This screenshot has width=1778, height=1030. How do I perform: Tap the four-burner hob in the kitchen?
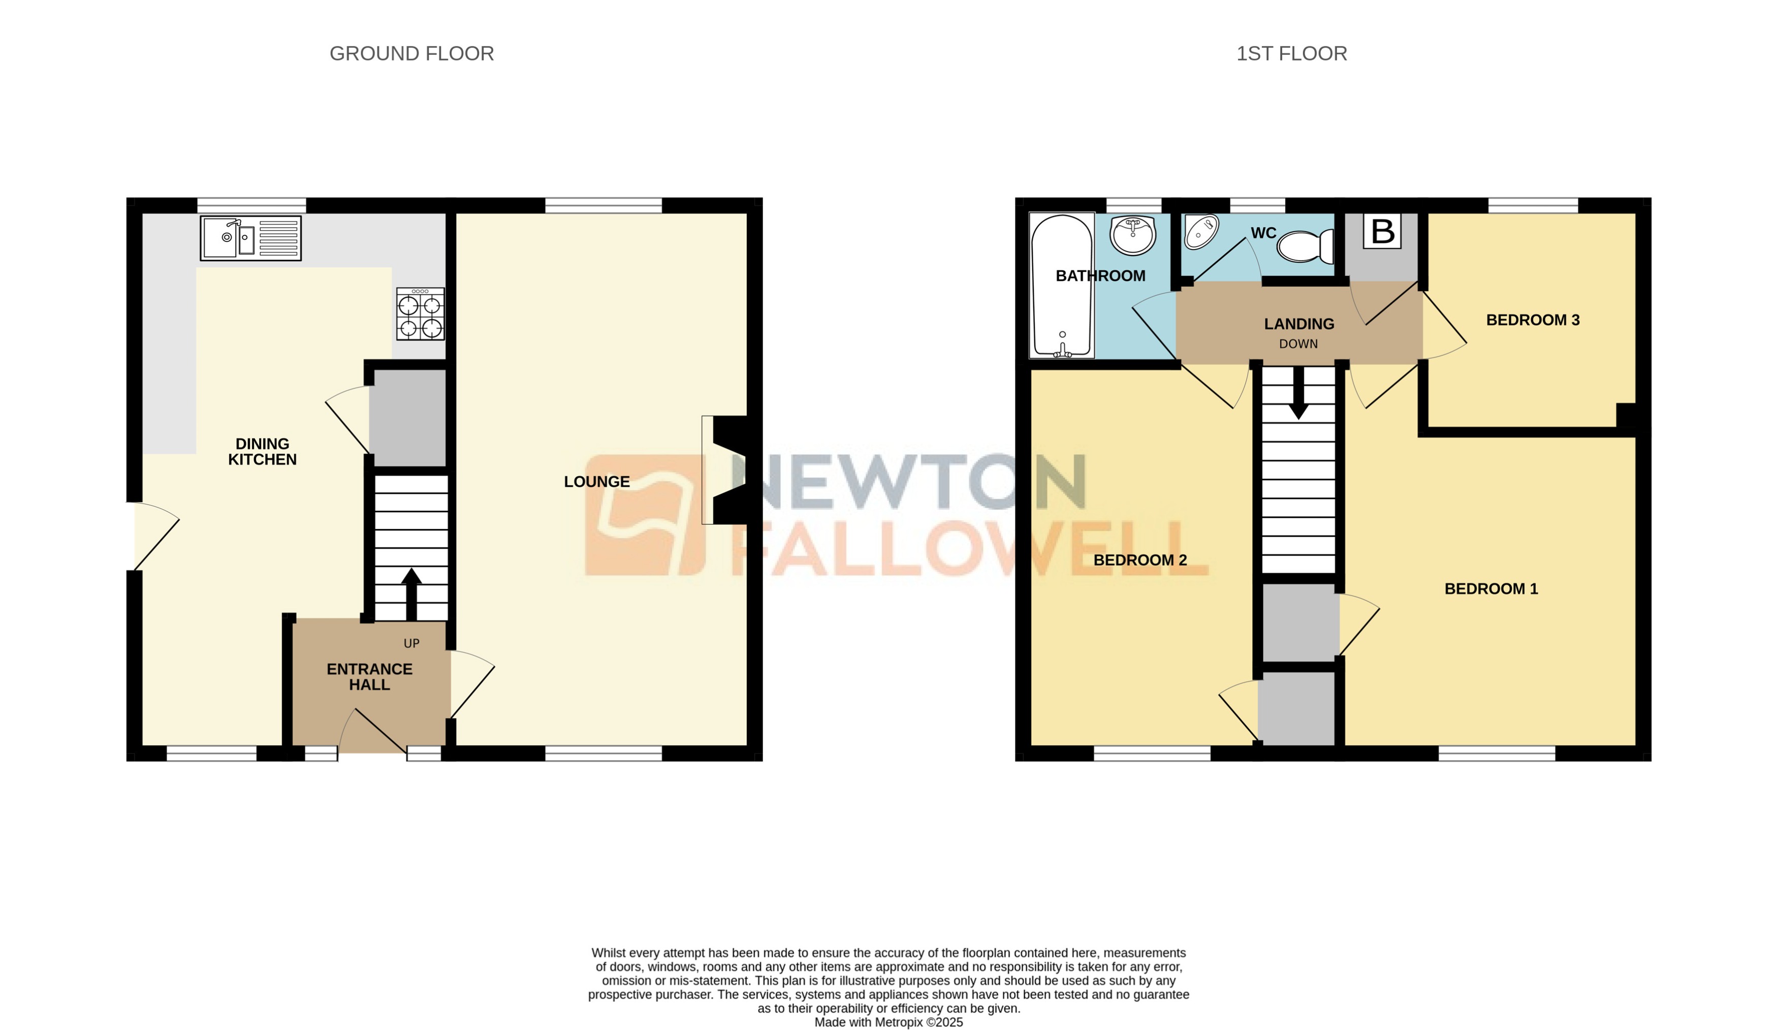coord(421,314)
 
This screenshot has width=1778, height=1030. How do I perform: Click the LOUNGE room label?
coord(596,482)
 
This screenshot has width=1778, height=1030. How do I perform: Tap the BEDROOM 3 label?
coord(1533,320)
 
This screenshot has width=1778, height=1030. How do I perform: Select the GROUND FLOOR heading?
coord(411,54)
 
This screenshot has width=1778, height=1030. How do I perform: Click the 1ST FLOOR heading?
coord(1291,54)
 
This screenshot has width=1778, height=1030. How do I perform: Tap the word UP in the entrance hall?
coord(411,643)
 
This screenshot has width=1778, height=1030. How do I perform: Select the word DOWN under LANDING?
coord(1298,344)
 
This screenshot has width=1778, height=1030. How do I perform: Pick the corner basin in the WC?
coord(1201,232)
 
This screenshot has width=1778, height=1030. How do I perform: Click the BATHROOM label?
coord(1100,276)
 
